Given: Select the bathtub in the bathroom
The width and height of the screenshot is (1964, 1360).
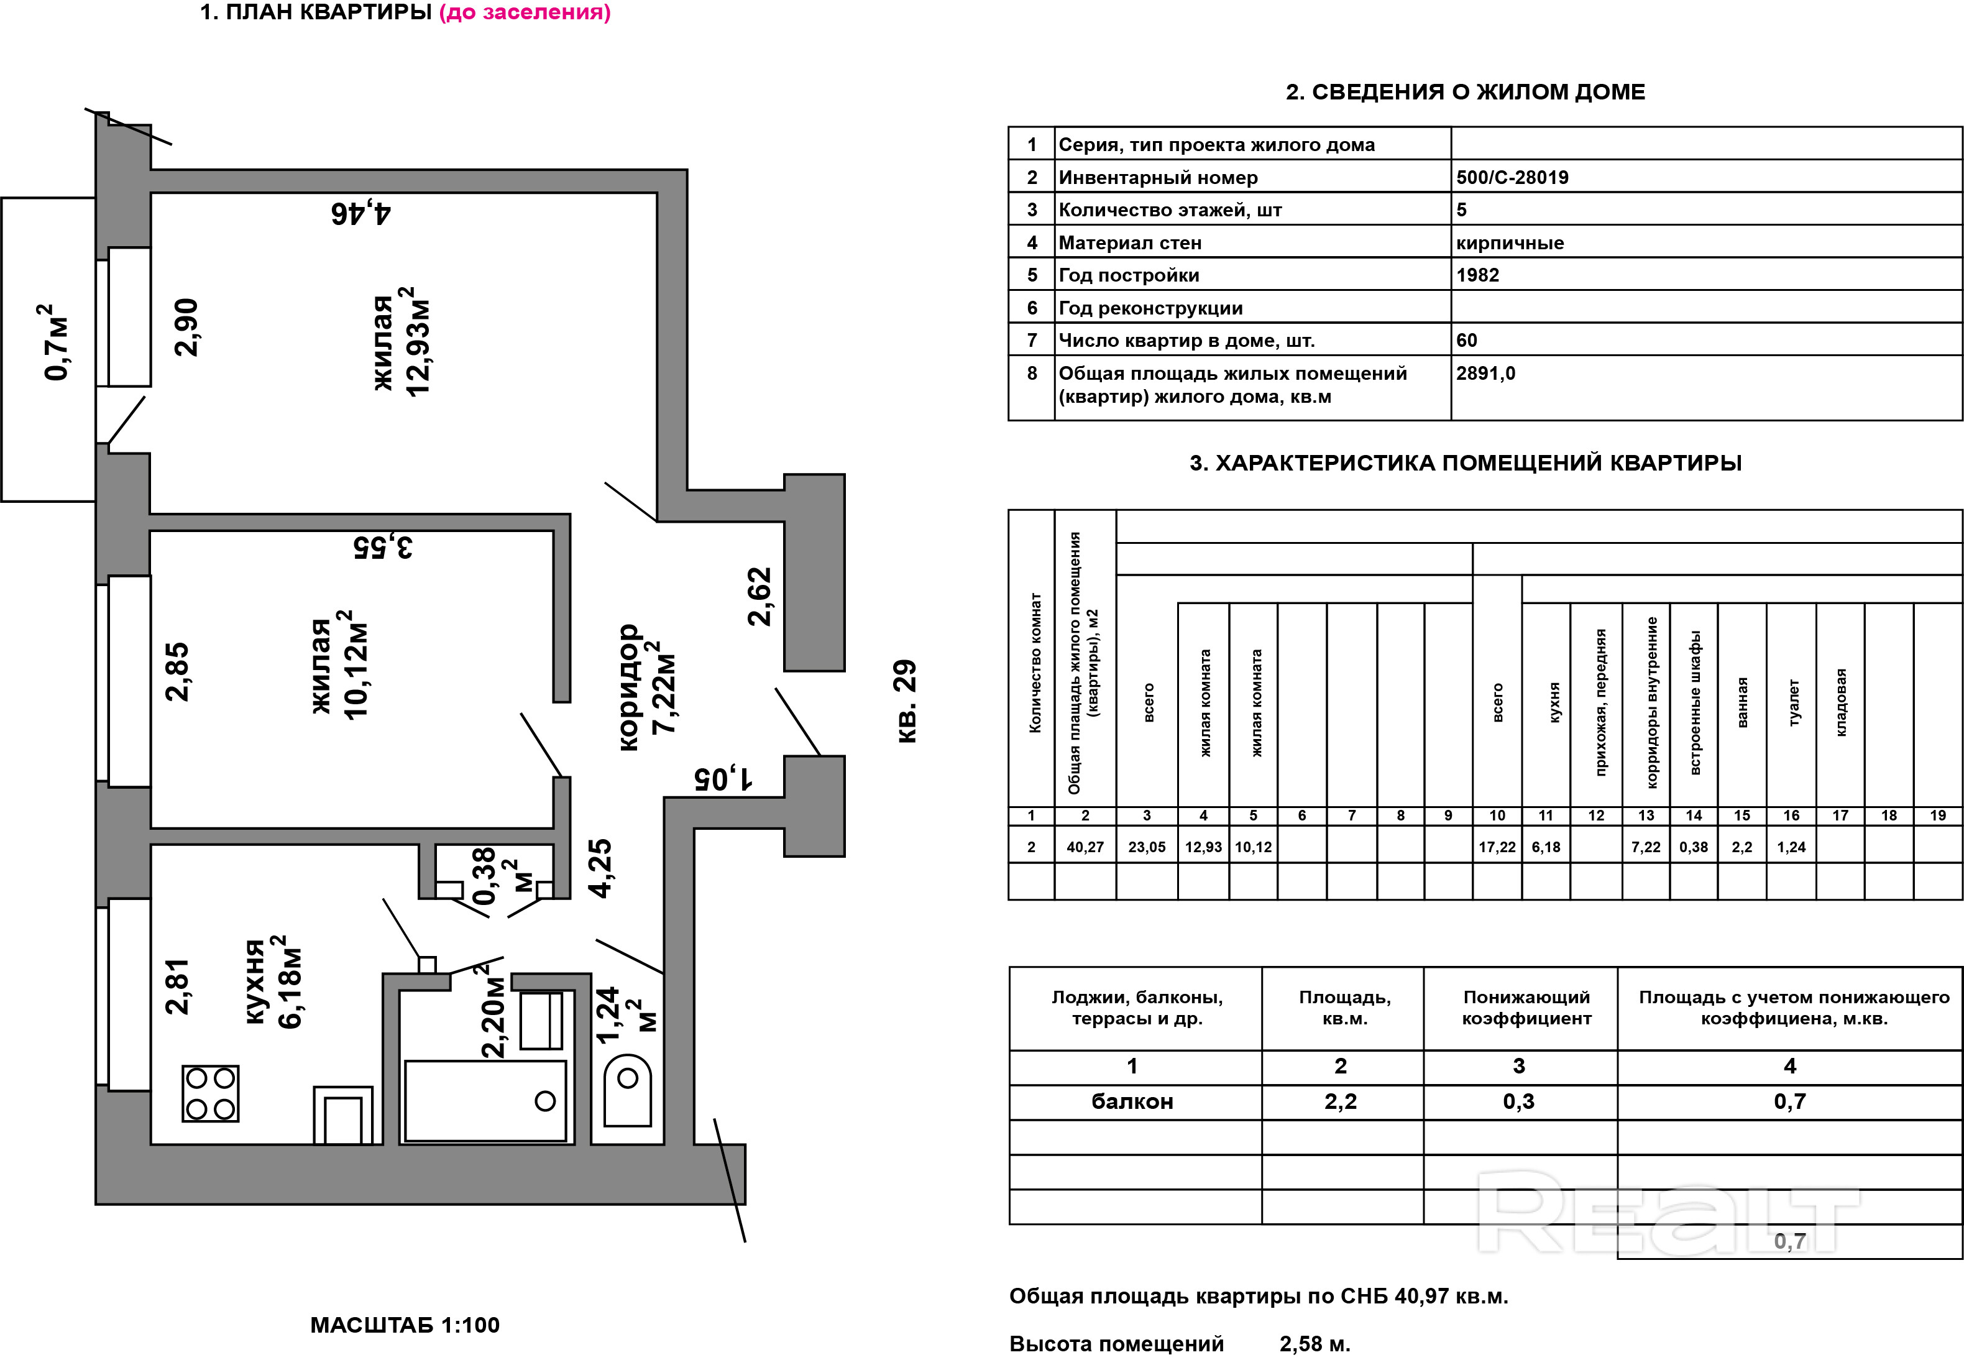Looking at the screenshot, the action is pos(485,1100).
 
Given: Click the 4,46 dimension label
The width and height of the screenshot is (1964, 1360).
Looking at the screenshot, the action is pos(360,212).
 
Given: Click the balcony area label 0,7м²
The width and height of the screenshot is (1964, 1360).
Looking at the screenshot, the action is pos(56,342).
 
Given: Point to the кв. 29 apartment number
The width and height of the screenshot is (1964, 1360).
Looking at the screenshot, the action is pos(907,701).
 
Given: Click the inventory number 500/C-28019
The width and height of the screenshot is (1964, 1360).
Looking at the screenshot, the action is pos(1512,177).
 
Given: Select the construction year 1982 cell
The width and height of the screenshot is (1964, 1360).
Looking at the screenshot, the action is pos(1477,275).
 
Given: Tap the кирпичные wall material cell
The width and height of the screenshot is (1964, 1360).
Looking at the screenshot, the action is pos(1509,243).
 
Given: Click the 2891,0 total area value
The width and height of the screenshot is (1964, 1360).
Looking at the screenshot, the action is pos(1485,373).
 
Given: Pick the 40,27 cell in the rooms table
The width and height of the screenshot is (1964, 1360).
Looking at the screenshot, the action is pos(1085,847).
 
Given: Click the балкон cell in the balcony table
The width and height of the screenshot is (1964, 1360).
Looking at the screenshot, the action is pos(1132,1102).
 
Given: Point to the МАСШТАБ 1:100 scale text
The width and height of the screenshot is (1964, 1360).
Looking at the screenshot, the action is pos(405,1325).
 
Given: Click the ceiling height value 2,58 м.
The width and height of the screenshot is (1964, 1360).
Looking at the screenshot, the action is pos(1314,1344).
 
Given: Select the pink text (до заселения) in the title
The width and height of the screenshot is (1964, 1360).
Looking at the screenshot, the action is pos(524,13).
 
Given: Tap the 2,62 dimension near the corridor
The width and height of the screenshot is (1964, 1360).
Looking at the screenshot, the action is pos(758,597).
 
